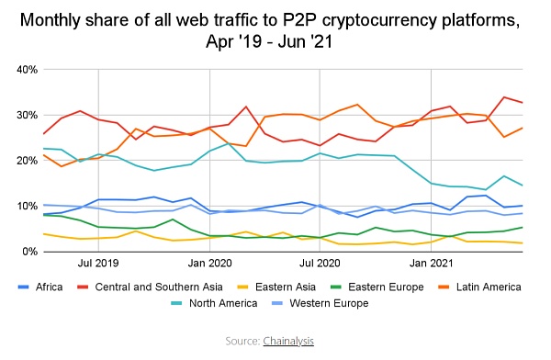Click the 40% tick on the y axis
click(23, 70)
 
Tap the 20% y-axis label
click(23, 161)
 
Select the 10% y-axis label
click(23, 206)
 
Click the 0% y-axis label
click(27, 251)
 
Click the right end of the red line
click(523, 102)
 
